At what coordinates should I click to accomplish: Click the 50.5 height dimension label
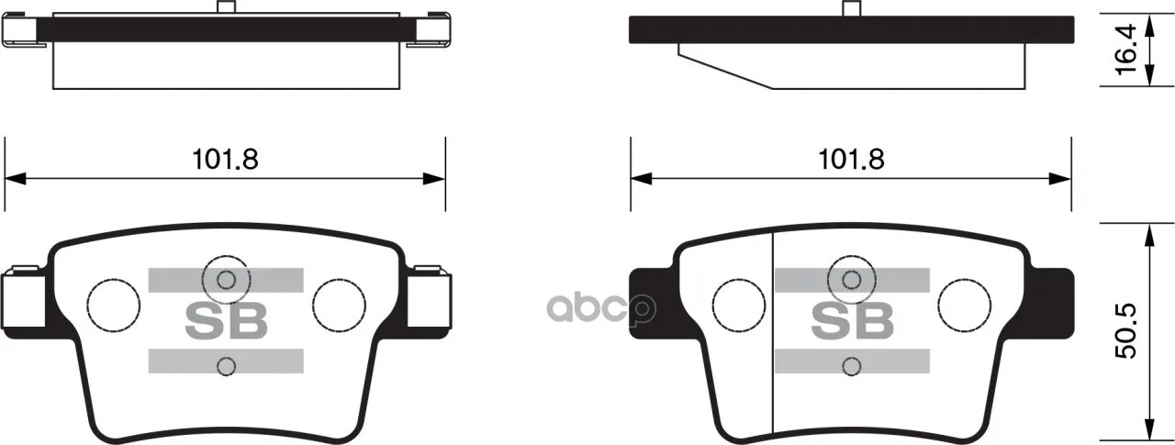1125,330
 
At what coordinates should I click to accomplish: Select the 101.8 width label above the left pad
226,159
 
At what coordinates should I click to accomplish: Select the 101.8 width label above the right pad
851,159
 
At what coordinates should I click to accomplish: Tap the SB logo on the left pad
226,321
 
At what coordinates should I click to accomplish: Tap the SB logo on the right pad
853,321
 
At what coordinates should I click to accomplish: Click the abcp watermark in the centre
602,308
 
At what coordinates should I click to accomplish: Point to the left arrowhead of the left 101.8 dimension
15,178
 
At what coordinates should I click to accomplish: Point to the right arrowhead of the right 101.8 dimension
1060,178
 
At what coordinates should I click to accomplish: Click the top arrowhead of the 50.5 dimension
1149,235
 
